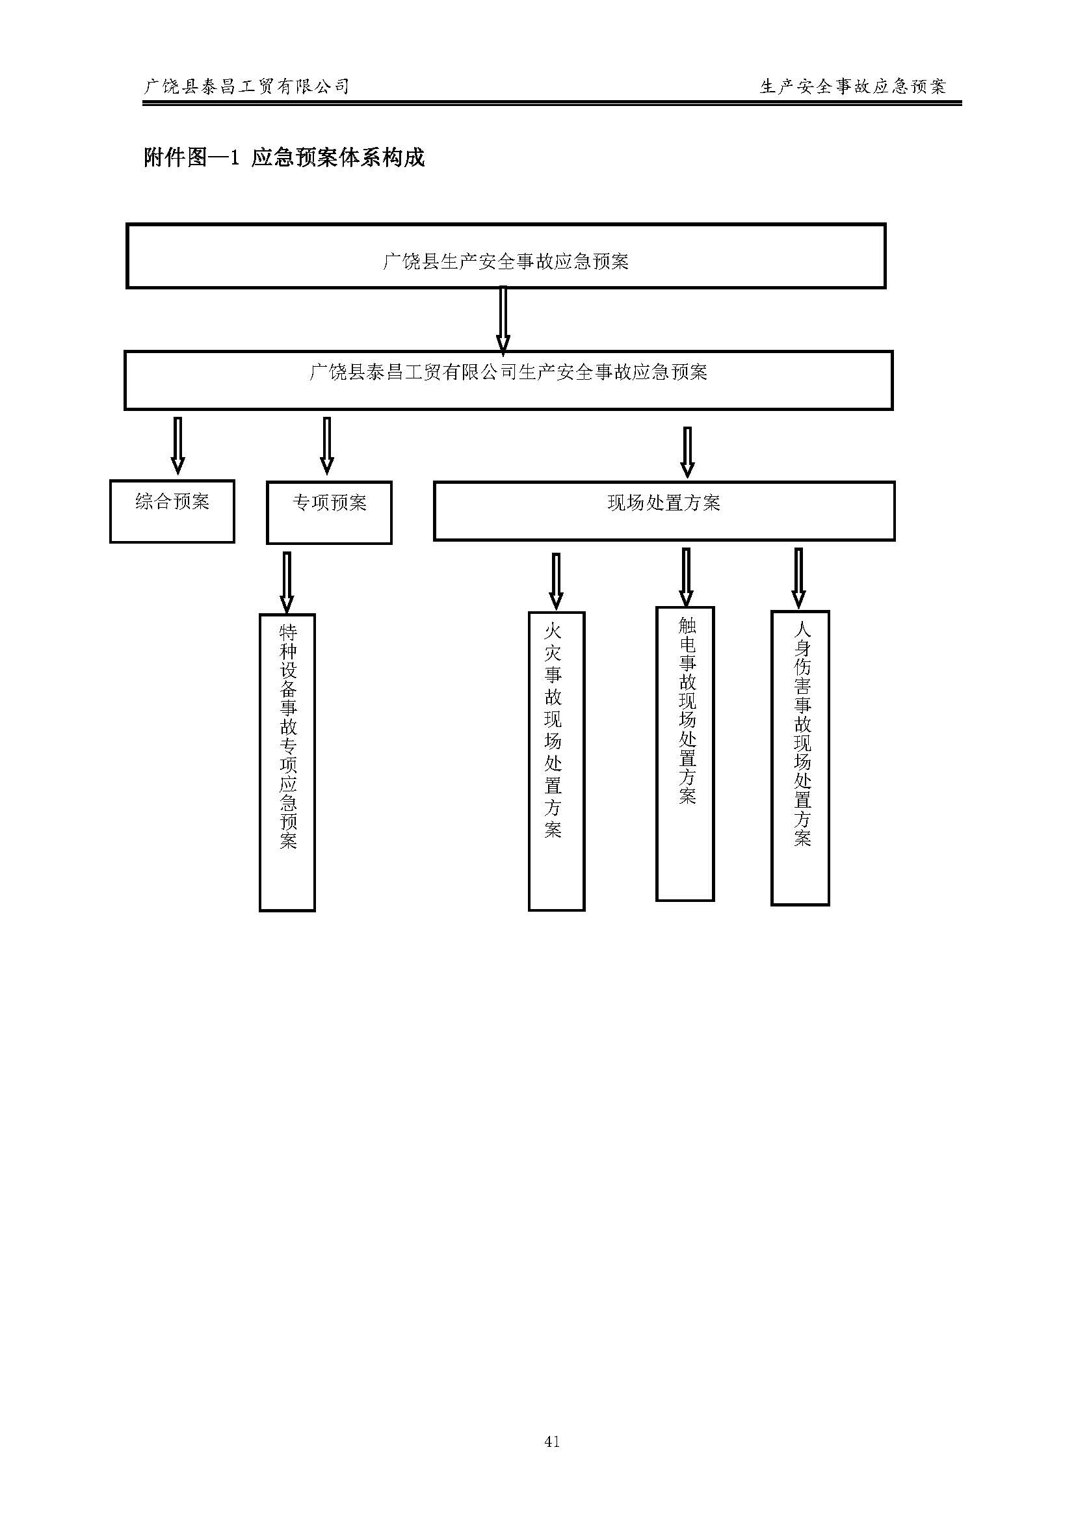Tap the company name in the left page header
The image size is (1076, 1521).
pyautogui.click(x=246, y=86)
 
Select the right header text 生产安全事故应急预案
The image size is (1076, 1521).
pyautogui.click(x=853, y=86)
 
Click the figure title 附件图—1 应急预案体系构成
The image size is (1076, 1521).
pyautogui.click(x=284, y=158)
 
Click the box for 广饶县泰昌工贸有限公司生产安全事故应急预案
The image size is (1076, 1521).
pyautogui.click(x=508, y=380)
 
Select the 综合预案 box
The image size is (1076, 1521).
pyautogui.click(x=172, y=512)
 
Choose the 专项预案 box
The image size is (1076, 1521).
pyautogui.click(x=329, y=513)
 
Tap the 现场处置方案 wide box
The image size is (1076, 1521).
pyautogui.click(x=664, y=511)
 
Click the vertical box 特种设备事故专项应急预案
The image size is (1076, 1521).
pyautogui.click(x=287, y=762)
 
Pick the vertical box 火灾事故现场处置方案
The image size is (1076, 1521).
pyautogui.click(x=556, y=761)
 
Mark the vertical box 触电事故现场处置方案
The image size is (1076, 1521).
pyautogui.click(x=685, y=754)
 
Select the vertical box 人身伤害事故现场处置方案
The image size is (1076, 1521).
pyautogui.click(x=800, y=758)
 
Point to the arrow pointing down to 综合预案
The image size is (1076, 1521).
pyautogui.click(x=177, y=445)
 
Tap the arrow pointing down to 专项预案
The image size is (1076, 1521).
pyautogui.click(x=326, y=445)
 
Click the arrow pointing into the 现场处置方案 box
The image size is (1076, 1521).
pyautogui.click(x=687, y=451)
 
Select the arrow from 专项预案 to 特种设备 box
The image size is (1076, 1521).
pyautogui.click(x=287, y=581)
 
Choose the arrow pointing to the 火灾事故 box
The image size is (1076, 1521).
pyautogui.click(x=556, y=581)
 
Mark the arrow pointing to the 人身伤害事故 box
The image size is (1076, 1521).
pyautogui.click(x=798, y=577)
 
